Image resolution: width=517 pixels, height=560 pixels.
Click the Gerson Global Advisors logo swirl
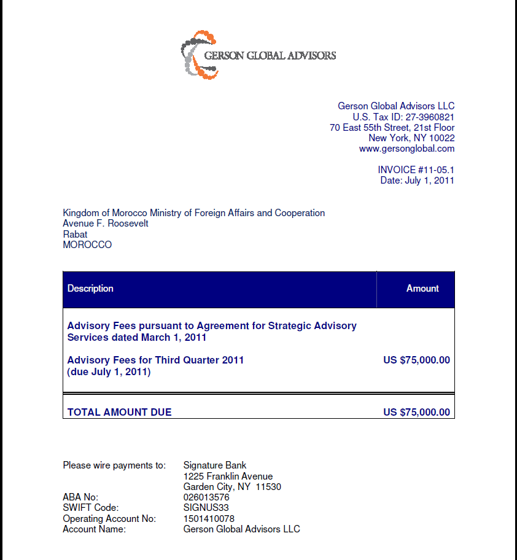click(199, 55)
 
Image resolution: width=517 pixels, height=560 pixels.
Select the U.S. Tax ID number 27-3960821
click(430, 117)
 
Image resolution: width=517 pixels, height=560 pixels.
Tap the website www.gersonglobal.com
click(406, 149)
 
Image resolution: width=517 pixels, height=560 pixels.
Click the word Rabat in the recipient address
click(75, 234)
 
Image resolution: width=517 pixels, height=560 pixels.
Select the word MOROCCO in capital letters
click(87, 244)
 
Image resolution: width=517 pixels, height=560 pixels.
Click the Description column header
click(90, 288)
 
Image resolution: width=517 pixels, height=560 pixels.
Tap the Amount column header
click(422, 288)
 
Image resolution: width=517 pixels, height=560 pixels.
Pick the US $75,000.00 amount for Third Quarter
click(416, 360)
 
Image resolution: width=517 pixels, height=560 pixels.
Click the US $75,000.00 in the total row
click(416, 412)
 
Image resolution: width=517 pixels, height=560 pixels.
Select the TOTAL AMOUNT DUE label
click(119, 412)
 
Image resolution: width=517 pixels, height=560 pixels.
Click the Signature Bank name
click(215, 465)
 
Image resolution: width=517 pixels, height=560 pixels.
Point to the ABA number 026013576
click(206, 497)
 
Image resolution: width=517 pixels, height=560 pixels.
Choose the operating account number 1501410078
click(209, 518)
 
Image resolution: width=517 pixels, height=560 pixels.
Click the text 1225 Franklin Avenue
click(228, 476)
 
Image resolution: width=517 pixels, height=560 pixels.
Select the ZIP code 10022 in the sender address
click(442, 138)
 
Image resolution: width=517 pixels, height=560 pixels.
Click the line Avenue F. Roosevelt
click(106, 224)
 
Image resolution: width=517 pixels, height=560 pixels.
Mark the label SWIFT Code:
click(91, 508)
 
